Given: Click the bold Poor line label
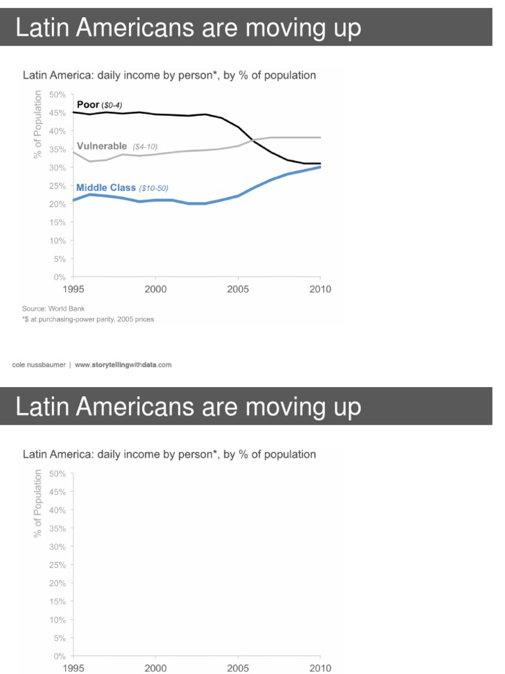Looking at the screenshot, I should (88, 105).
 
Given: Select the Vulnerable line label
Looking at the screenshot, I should (101, 145).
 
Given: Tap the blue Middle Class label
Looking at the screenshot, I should (106, 188).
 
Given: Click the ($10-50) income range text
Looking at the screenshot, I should (153, 188).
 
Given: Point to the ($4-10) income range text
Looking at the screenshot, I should (145, 146).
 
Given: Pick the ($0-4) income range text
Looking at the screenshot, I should (111, 105).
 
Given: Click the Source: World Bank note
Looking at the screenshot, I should (54, 308).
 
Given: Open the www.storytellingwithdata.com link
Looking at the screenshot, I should (123, 365).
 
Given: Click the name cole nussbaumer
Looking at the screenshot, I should (43, 365).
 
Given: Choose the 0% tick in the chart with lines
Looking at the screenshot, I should (59, 277).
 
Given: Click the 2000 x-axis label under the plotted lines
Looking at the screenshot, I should (155, 288).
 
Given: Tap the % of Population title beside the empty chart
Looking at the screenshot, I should (37, 503).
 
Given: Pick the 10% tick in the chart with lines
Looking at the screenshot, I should (58, 241).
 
